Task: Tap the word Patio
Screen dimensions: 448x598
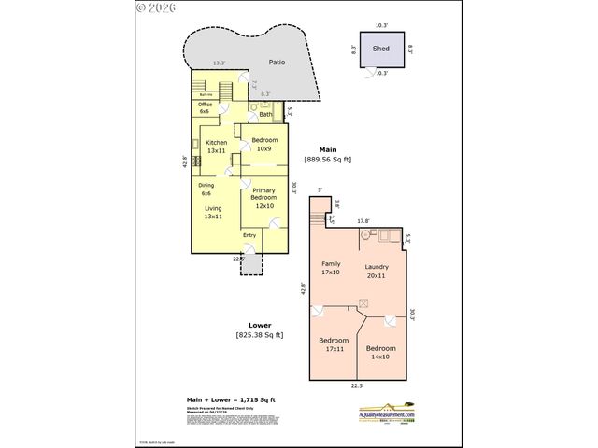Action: click(x=277, y=63)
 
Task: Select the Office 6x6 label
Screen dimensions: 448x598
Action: click(x=206, y=107)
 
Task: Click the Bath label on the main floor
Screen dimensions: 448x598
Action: click(x=265, y=114)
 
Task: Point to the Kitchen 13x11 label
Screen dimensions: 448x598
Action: click(x=217, y=147)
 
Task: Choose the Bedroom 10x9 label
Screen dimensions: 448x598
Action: click(x=263, y=144)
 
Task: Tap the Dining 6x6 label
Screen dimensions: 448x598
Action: click(x=206, y=189)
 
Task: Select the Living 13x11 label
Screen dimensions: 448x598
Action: click(x=214, y=212)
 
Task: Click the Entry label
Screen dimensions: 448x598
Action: click(x=249, y=235)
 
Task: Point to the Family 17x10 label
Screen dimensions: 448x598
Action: click(x=331, y=268)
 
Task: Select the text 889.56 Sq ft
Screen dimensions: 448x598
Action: click(x=327, y=160)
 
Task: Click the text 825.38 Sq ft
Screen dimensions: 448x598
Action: click(x=259, y=334)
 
